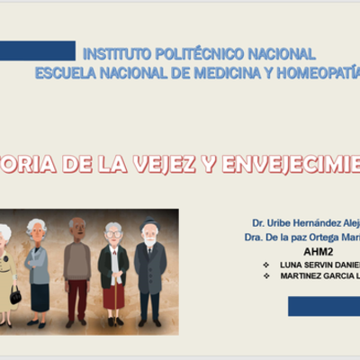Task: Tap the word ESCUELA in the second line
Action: (x=66, y=72)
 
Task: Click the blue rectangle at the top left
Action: (x=37, y=49)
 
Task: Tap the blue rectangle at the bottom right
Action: (x=324, y=307)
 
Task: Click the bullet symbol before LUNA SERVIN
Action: (x=265, y=265)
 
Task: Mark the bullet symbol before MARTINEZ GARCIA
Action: (x=265, y=276)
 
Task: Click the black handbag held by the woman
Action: (x=15, y=294)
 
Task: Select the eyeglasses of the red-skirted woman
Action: (x=112, y=234)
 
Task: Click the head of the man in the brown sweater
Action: (x=77, y=225)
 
